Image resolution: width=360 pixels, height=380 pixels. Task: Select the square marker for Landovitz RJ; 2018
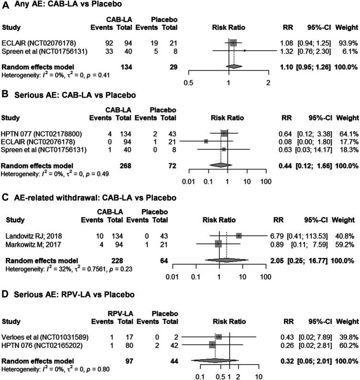(239, 235)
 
